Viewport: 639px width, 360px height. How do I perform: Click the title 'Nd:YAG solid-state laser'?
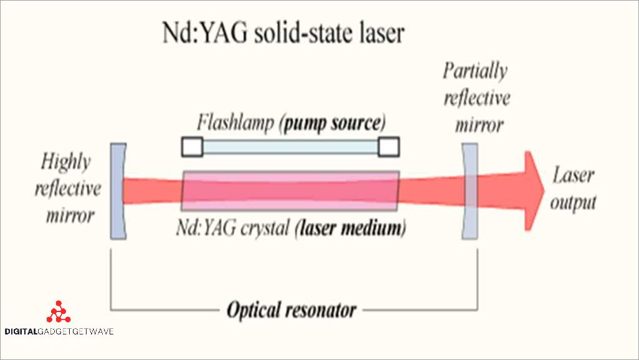coord(280,34)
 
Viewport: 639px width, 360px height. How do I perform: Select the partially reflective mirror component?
coord(470,191)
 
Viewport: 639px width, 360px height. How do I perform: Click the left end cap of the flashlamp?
coord(192,146)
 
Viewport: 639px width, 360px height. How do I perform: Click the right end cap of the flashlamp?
coord(389,146)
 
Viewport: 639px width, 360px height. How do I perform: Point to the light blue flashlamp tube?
coord(290,146)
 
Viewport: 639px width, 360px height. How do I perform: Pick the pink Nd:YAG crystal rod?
coord(290,190)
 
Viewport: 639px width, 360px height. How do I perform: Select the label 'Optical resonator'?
coord(291,310)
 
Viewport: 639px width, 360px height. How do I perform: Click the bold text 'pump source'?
coord(333,122)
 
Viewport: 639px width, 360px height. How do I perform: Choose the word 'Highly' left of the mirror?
coord(65,163)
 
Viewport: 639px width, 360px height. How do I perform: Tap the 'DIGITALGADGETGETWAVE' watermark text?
coord(59,332)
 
